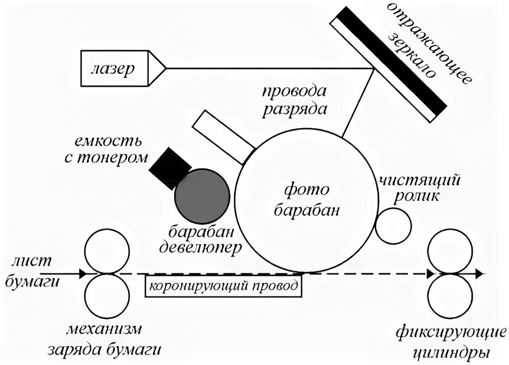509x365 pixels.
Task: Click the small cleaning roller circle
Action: point(393,225)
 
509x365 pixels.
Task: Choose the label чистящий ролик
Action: point(419,187)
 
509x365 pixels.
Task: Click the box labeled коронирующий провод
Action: point(224,287)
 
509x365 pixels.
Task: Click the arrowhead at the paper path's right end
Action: point(479,274)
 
